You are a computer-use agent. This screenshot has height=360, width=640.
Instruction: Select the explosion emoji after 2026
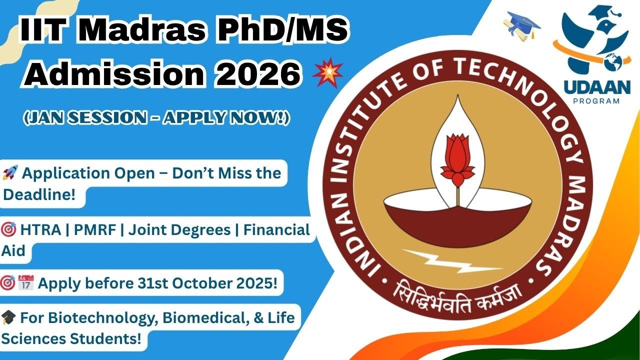[327, 74]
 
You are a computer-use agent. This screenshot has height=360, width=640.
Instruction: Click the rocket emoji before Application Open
[9, 174]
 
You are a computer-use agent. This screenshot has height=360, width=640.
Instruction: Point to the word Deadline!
[39, 195]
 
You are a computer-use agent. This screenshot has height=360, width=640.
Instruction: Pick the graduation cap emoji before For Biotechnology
[9, 317]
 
